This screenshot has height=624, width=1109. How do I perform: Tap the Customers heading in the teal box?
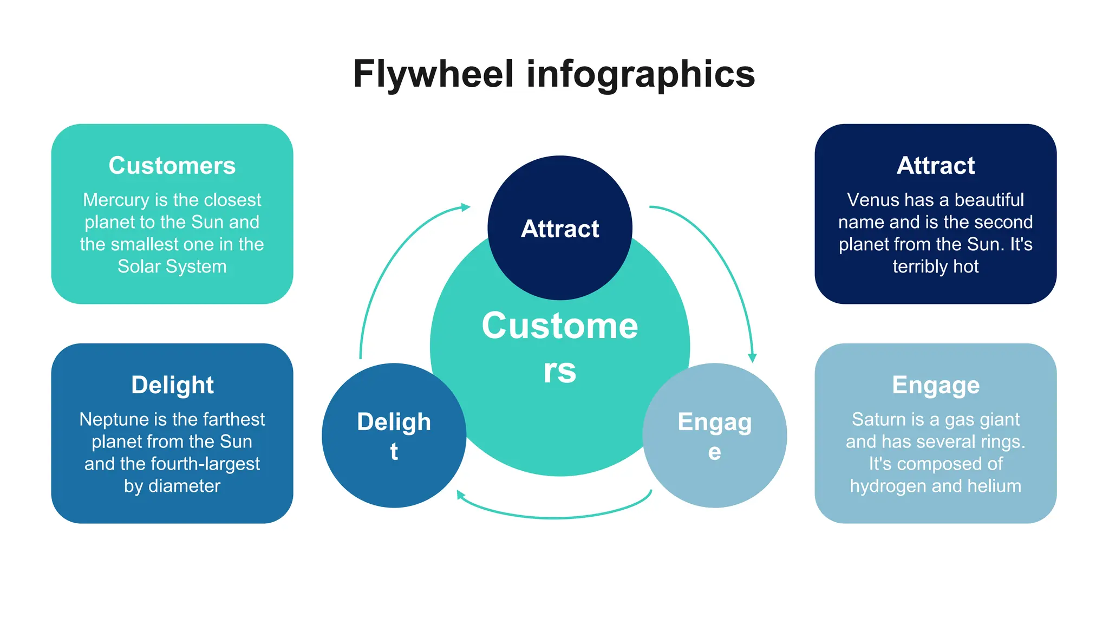pyautogui.click(x=172, y=166)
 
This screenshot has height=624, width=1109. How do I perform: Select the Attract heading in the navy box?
pyautogui.click(x=935, y=166)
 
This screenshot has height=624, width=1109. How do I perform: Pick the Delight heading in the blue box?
pyautogui.click(x=172, y=385)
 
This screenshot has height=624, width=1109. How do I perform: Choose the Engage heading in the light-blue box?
pyautogui.click(x=935, y=385)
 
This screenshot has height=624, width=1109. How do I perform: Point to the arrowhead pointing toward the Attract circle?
pyautogui.click(x=465, y=207)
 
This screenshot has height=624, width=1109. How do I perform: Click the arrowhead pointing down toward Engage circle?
pyautogui.click(x=752, y=357)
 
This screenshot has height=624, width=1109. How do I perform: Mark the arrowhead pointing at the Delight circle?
pyautogui.click(x=460, y=495)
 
